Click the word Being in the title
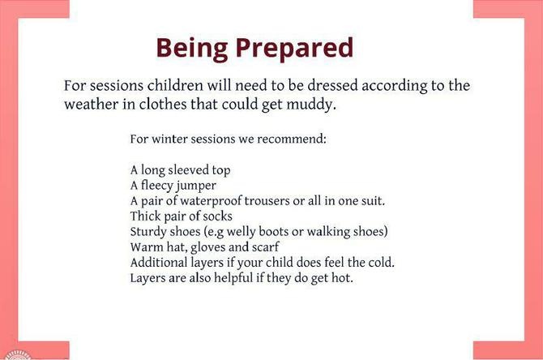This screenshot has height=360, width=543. pos(192,49)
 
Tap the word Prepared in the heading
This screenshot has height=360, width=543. pos(295,49)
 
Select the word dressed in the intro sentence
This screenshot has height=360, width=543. pos(332,86)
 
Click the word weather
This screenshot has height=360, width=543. pos(91,105)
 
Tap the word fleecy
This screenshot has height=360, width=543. pos(157,186)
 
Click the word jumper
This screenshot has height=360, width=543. pos(196,186)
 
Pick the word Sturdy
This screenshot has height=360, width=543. pos(148,232)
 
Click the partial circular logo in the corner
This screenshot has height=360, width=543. pos(17,355)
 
